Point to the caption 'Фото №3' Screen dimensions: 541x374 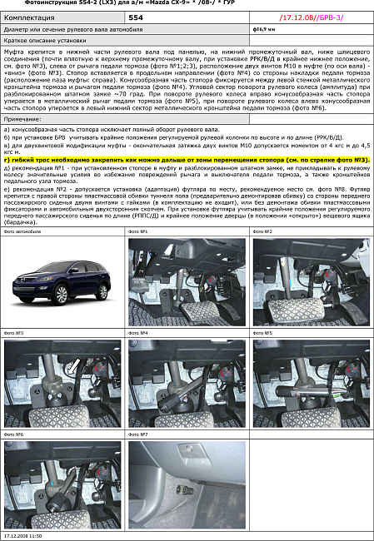(x=14, y=332)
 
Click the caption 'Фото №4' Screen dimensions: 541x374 (x=138, y=332)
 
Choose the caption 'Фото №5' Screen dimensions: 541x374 (x=263, y=332)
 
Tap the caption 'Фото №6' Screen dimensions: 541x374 (x=14, y=434)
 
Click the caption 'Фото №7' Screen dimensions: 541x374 (x=138, y=434)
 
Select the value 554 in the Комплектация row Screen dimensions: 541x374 (x=136, y=17)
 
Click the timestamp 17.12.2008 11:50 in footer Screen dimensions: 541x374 (x=24, y=537)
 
